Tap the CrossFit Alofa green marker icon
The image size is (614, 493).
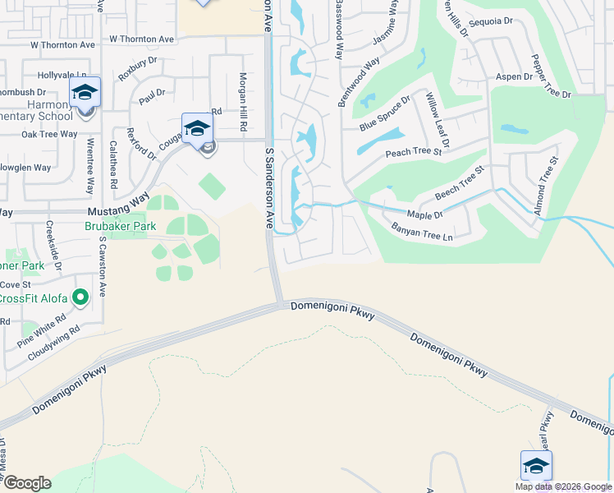tap(80, 297)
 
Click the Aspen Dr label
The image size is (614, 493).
tap(515, 76)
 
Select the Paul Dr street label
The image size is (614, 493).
tap(152, 97)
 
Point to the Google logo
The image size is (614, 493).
tap(27, 483)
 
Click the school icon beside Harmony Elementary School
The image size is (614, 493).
tap(85, 93)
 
